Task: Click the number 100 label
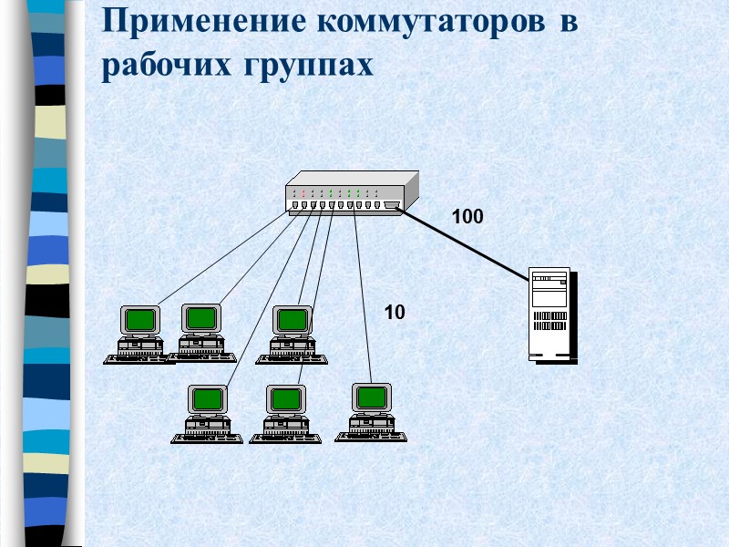click(467, 217)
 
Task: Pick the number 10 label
click(394, 313)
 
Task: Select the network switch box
click(351, 194)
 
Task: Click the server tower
click(551, 315)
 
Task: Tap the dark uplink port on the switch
click(392, 206)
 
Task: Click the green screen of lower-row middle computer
click(286, 398)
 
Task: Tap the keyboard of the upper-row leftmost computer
click(137, 358)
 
